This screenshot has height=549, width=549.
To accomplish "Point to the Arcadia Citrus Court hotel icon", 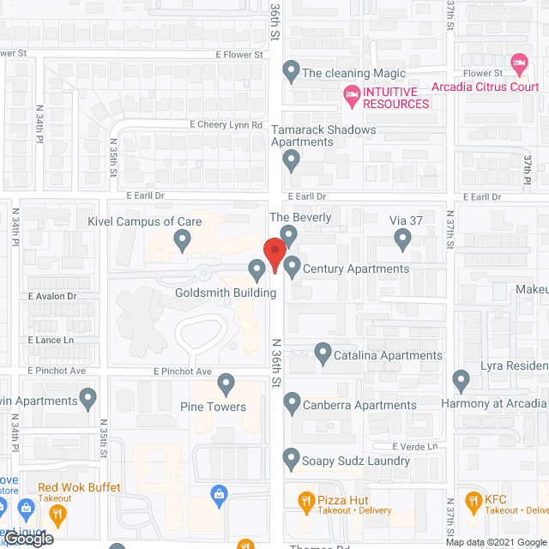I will coord(517,63).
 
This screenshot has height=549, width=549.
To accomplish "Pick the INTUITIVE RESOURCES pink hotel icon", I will coord(350,93).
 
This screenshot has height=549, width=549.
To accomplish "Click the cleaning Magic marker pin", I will coord(291,72).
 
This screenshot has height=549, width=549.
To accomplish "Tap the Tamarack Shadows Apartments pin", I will coord(292,158).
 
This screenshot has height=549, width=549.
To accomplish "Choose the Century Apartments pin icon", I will coord(292,268).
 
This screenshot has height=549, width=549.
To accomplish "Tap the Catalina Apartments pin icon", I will coord(323,352).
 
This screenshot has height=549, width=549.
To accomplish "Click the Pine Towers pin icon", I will coord(226,383).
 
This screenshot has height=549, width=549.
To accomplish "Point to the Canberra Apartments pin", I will coord(292,402).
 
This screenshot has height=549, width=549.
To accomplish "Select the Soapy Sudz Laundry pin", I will coord(292,459).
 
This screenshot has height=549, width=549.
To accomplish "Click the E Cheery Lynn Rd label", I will coord(226,124).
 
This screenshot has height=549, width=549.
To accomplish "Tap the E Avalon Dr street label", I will coord(52,296).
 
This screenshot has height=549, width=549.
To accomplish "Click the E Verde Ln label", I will coord(415,446).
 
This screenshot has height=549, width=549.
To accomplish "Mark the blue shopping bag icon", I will coord(220,492).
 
